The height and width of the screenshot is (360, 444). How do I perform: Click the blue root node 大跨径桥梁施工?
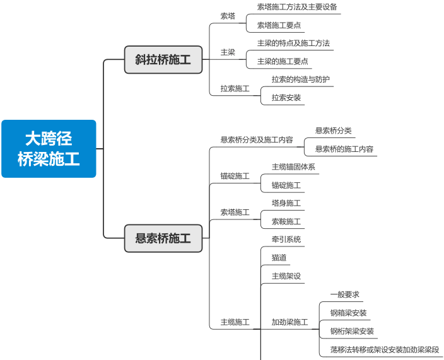(49, 149)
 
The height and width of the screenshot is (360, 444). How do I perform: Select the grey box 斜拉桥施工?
(163, 60)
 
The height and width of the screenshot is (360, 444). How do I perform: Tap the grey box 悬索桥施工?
(163, 238)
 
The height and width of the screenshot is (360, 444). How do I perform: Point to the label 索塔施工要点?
(279, 26)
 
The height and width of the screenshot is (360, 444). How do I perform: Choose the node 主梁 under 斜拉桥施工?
(228, 52)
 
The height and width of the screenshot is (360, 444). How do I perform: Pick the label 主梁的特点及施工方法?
(293, 44)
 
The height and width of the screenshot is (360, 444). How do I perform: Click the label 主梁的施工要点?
(283, 62)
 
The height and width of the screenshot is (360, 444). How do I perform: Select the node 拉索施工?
(235, 89)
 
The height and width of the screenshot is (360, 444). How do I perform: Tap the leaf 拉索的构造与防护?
(301, 80)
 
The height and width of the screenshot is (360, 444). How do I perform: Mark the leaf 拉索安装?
(286, 98)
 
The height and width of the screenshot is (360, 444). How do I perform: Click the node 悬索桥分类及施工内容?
(257, 140)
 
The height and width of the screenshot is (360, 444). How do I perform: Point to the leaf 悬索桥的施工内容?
(344, 149)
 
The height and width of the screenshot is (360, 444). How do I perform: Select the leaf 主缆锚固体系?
(293, 167)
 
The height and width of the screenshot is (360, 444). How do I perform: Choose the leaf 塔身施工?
(286, 203)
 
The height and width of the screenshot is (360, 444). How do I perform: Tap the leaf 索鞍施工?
(286, 222)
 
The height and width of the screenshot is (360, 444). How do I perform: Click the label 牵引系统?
(286, 240)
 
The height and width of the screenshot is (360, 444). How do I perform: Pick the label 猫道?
(279, 258)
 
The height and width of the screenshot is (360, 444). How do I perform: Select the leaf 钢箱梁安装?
(348, 313)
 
